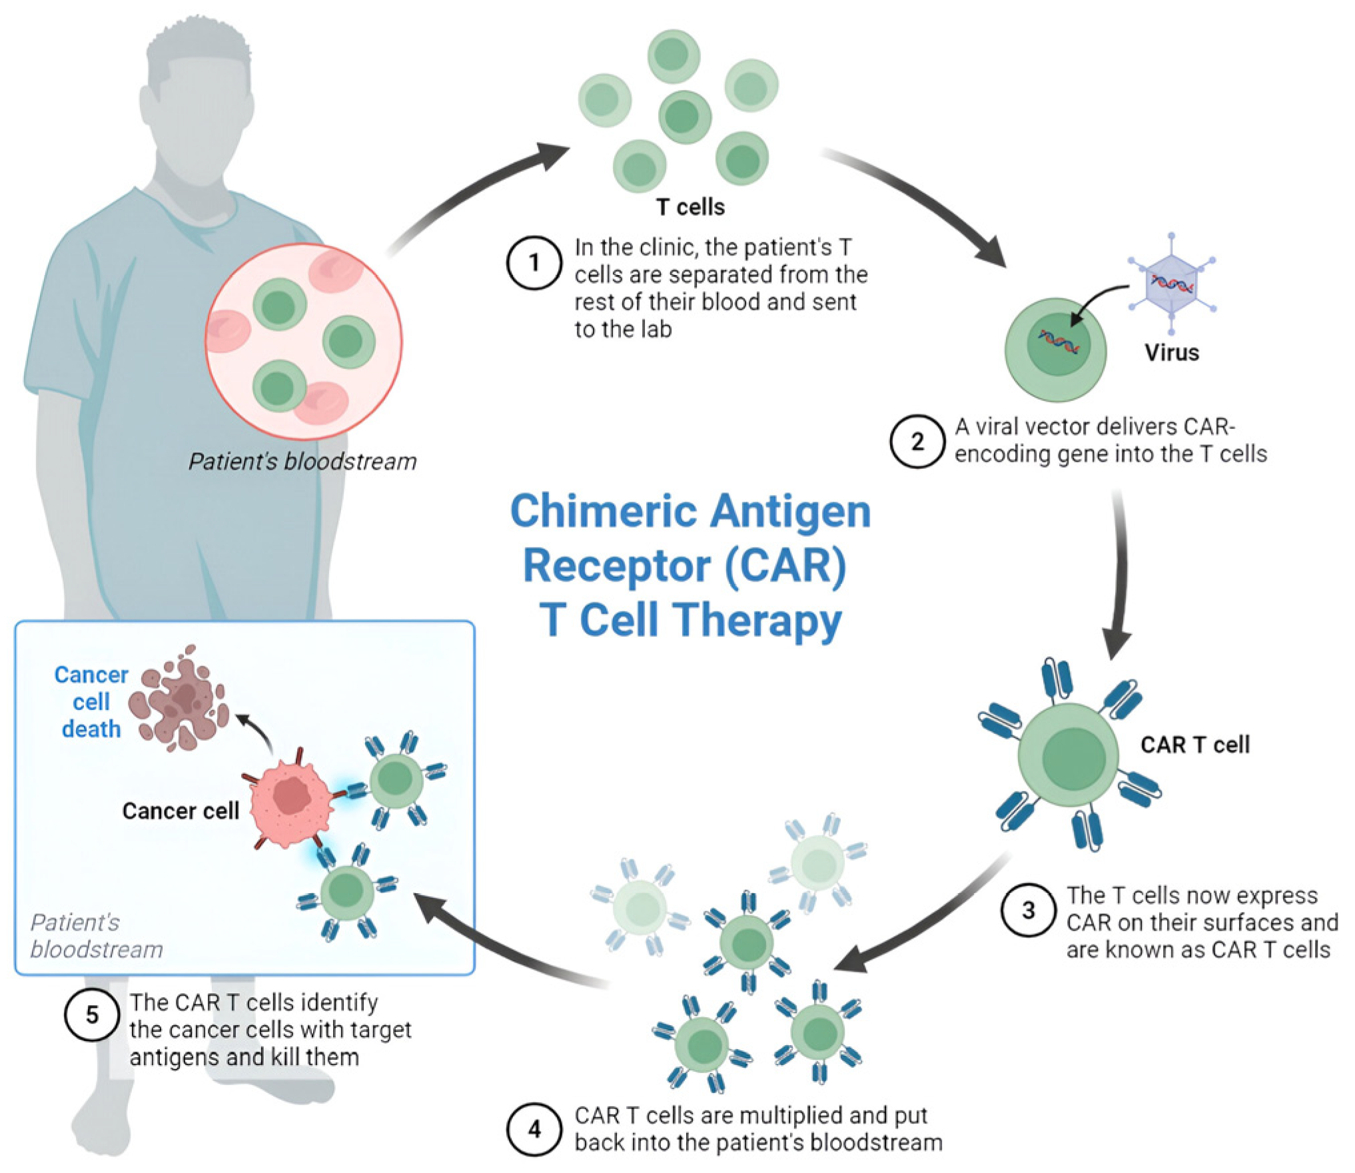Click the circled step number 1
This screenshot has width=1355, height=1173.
coord(534,263)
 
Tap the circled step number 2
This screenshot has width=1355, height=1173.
coord(917,442)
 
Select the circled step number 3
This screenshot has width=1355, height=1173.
coord(1029,911)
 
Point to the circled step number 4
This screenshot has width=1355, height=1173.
coord(534,1130)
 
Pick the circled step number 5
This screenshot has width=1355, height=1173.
coord(92,1015)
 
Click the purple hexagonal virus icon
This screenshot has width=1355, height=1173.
coord(1172,285)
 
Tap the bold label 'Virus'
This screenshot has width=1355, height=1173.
coord(1172,352)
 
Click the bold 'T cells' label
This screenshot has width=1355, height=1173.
coord(690,207)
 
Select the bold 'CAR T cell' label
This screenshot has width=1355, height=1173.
coord(1195,745)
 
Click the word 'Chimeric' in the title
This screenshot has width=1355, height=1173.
coord(602,512)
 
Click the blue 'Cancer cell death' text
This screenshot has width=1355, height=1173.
coord(91,702)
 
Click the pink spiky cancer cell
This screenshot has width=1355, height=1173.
coord(290,797)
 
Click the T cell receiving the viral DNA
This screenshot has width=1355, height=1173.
coord(1056,350)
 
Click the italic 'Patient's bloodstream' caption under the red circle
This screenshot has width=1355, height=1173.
coord(302,462)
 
